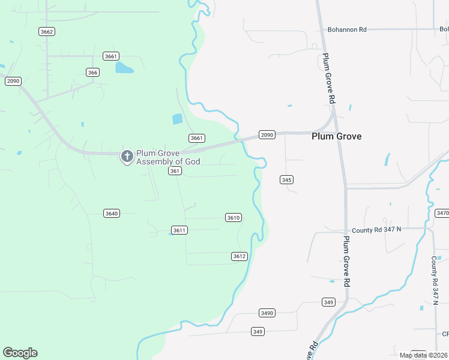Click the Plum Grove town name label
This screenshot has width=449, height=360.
tap(336, 136)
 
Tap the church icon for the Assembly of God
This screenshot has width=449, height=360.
tap(127, 157)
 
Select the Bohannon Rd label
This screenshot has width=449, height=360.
tap(346, 29)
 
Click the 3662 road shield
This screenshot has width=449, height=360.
tap(46, 31)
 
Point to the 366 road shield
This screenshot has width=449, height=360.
tap(92, 72)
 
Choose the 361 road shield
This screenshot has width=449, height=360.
tap(175, 171)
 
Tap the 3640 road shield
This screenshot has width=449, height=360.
tap(111, 213)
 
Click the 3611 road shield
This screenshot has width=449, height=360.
tap(179, 230)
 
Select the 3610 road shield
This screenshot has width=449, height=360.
tap(234, 217)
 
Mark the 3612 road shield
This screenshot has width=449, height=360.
tap(239, 256)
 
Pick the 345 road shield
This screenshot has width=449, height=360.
tap(286, 179)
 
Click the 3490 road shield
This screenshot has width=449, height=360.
tap(267, 313)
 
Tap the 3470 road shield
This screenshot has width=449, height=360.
tap(442, 213)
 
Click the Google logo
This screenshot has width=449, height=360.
tap(20, 353)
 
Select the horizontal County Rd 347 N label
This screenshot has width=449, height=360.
tap(376, 230)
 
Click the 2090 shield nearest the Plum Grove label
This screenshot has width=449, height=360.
tap(267, 135)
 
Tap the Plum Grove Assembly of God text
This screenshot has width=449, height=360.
tap(167, 157)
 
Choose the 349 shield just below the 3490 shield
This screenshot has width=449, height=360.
tap(258, 332)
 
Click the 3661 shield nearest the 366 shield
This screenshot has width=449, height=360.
tap(110, 56)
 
